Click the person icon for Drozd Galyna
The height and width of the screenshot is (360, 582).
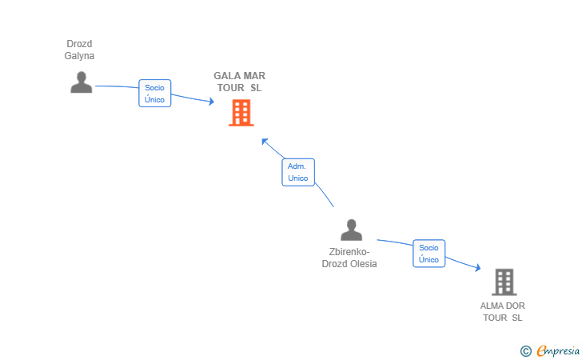[x=82, y=82]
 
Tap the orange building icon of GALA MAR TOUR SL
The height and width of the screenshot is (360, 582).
[x=241, y=113]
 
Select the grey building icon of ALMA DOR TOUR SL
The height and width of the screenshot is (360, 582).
[x=504, y=282]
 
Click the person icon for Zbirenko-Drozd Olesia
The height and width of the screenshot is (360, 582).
[x=351, y=230]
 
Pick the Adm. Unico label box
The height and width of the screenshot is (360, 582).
[x=298, y=172]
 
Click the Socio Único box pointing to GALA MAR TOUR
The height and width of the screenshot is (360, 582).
[x=155, y=94]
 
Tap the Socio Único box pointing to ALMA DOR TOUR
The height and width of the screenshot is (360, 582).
[x=429, y=254]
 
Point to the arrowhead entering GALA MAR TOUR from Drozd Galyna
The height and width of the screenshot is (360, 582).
[x=212, y=101]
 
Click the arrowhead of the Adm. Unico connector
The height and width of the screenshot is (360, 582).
[x=265, y=142]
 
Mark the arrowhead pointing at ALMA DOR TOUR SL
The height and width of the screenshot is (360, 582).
[x=478, y=267]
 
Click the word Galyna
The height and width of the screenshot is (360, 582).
[x=79, y=56]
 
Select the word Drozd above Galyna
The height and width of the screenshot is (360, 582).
[x=79, y=44]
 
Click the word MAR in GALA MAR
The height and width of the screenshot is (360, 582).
[x=254, y=76]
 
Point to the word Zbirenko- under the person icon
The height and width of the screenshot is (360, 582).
[x=349, y=252]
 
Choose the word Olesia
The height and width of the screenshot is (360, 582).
[x=364, y=264]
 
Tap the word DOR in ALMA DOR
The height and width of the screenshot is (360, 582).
[x=516, y=306]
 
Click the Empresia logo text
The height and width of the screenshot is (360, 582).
[x=558, y=350]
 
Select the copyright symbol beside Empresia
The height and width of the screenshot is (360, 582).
[x=525, y=351]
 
